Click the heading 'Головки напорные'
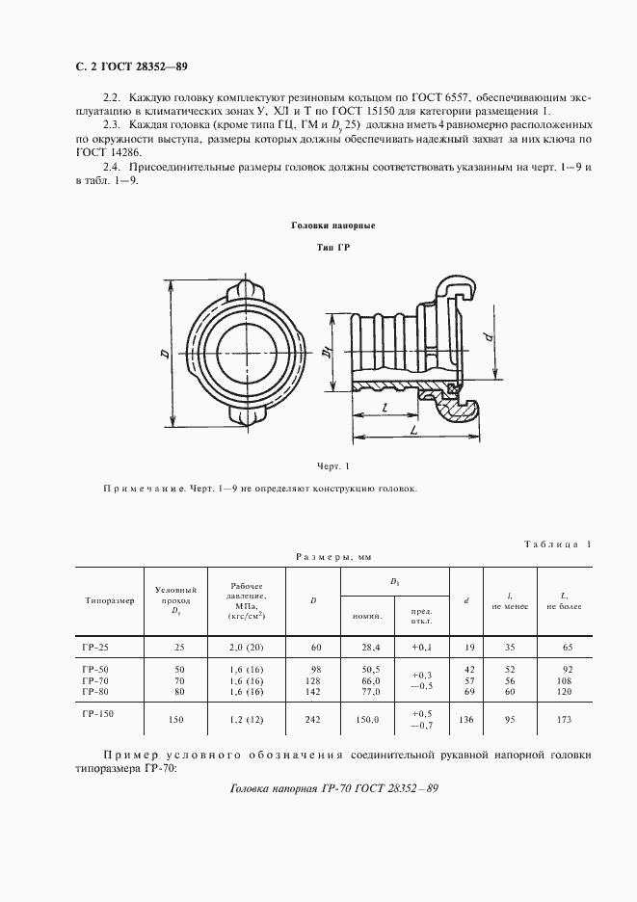[332, 225]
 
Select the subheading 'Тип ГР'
[332, 249]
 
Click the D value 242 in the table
[312, 718]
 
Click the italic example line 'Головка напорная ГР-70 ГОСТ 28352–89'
[335, 789]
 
